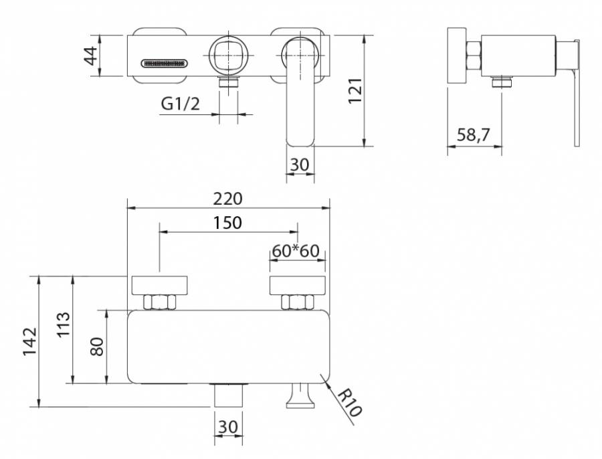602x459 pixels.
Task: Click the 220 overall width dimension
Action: pos(229,199)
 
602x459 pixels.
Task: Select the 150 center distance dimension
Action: pos(228,223)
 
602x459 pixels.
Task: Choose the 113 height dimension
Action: pos(64,327)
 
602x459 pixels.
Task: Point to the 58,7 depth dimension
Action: pos(473,136)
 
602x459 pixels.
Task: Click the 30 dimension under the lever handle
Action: pos(300,165)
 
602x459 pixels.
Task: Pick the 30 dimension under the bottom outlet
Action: pos(228,426)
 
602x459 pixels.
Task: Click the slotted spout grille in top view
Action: pos(165,64)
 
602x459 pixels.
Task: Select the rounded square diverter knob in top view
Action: pos(229,56)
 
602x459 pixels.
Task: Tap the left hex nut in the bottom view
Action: pos(161,302)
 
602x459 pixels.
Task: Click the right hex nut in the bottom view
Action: pos(298,302)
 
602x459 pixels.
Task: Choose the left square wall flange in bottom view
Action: pos(161,285)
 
